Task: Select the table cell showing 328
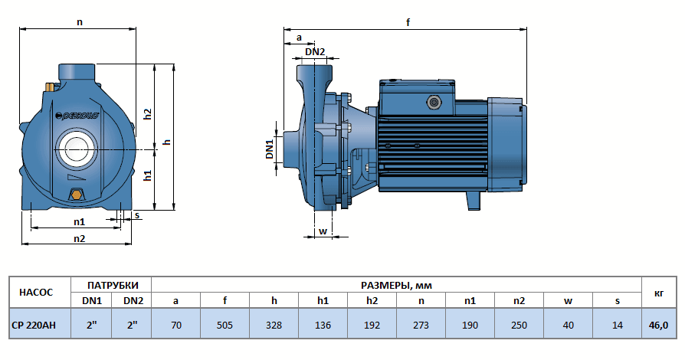coord(274,323)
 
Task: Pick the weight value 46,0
coord(659,323)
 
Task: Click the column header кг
coord(659,292)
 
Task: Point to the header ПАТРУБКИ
coord(112,284)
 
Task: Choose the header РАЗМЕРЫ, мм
coord(396,284)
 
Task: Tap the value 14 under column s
coord(617,323)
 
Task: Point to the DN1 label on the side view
coord(270,149)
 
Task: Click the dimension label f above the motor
coord(408,22)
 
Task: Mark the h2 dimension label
coord(148,113)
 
